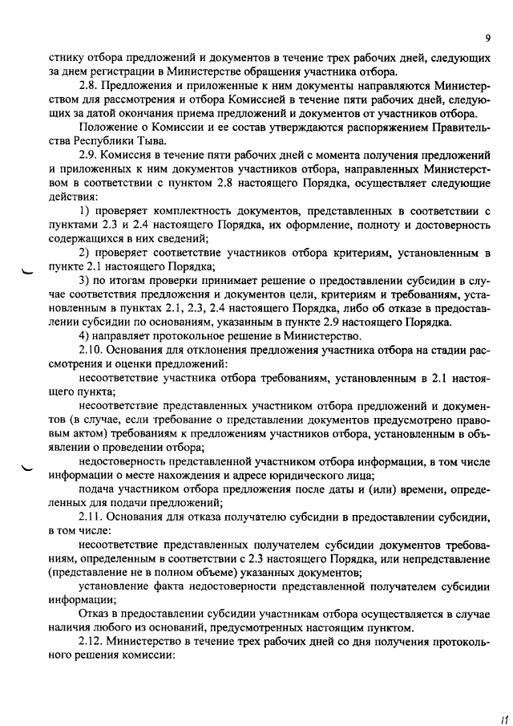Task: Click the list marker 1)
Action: (x=87, y=210)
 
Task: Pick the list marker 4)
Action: (x=87, y=335)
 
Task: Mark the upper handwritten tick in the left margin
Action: (x=31, y=271)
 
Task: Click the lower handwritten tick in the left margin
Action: (x=31, y=468)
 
